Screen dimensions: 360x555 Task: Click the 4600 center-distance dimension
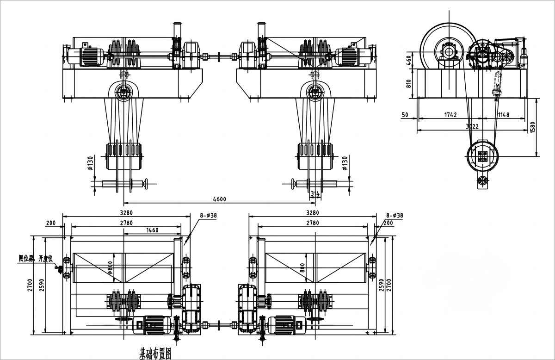(x=219, y=199)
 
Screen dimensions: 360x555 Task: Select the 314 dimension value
(x=315, y=193)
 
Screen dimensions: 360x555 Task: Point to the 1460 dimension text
(x=152, y=230)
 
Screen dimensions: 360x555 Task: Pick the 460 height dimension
(x=408, y=60)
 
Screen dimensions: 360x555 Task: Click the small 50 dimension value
(x=405, y=114)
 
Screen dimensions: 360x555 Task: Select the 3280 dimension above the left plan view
(x=126, y=213)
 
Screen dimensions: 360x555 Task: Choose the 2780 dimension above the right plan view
(x=313, y=223)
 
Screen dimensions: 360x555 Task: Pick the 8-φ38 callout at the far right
(x=395, y=215)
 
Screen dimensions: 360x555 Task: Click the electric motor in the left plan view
(x=152, y=324)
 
